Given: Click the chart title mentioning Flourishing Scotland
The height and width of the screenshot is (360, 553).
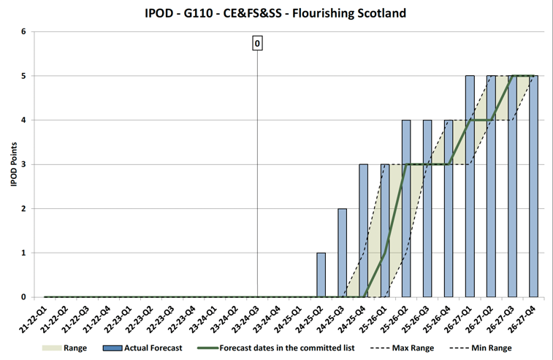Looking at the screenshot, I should click(x=275, y=13).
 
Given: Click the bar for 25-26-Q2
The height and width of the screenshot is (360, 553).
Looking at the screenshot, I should click(x=406, y=208).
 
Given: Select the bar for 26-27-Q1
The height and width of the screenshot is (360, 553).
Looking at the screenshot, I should click(x=470, y=186).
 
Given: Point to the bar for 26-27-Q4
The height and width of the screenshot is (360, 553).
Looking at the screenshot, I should click(x=534, y=186).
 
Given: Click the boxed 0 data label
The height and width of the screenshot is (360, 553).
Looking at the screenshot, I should click(x=257, y=44).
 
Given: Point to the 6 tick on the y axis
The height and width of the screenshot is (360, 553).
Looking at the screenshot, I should click(x=23, y=31).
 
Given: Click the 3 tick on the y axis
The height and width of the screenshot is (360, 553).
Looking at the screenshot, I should click(x=23, y=164).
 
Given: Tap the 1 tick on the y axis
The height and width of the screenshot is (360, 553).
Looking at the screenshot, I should click(x=23, y=253).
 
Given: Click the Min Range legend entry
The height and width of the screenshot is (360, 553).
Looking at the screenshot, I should click(x=487, y=348).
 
